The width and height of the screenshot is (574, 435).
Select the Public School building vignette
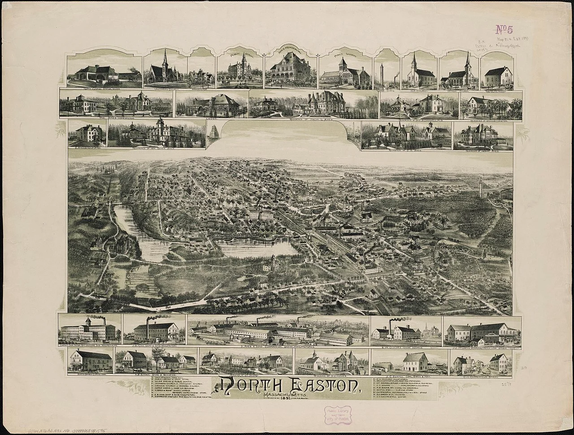[240, 69]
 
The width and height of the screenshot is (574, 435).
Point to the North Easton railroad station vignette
[104, 72]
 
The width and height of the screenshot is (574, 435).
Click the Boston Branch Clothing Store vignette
[90, 360]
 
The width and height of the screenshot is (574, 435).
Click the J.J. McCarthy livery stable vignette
[483, 332]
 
